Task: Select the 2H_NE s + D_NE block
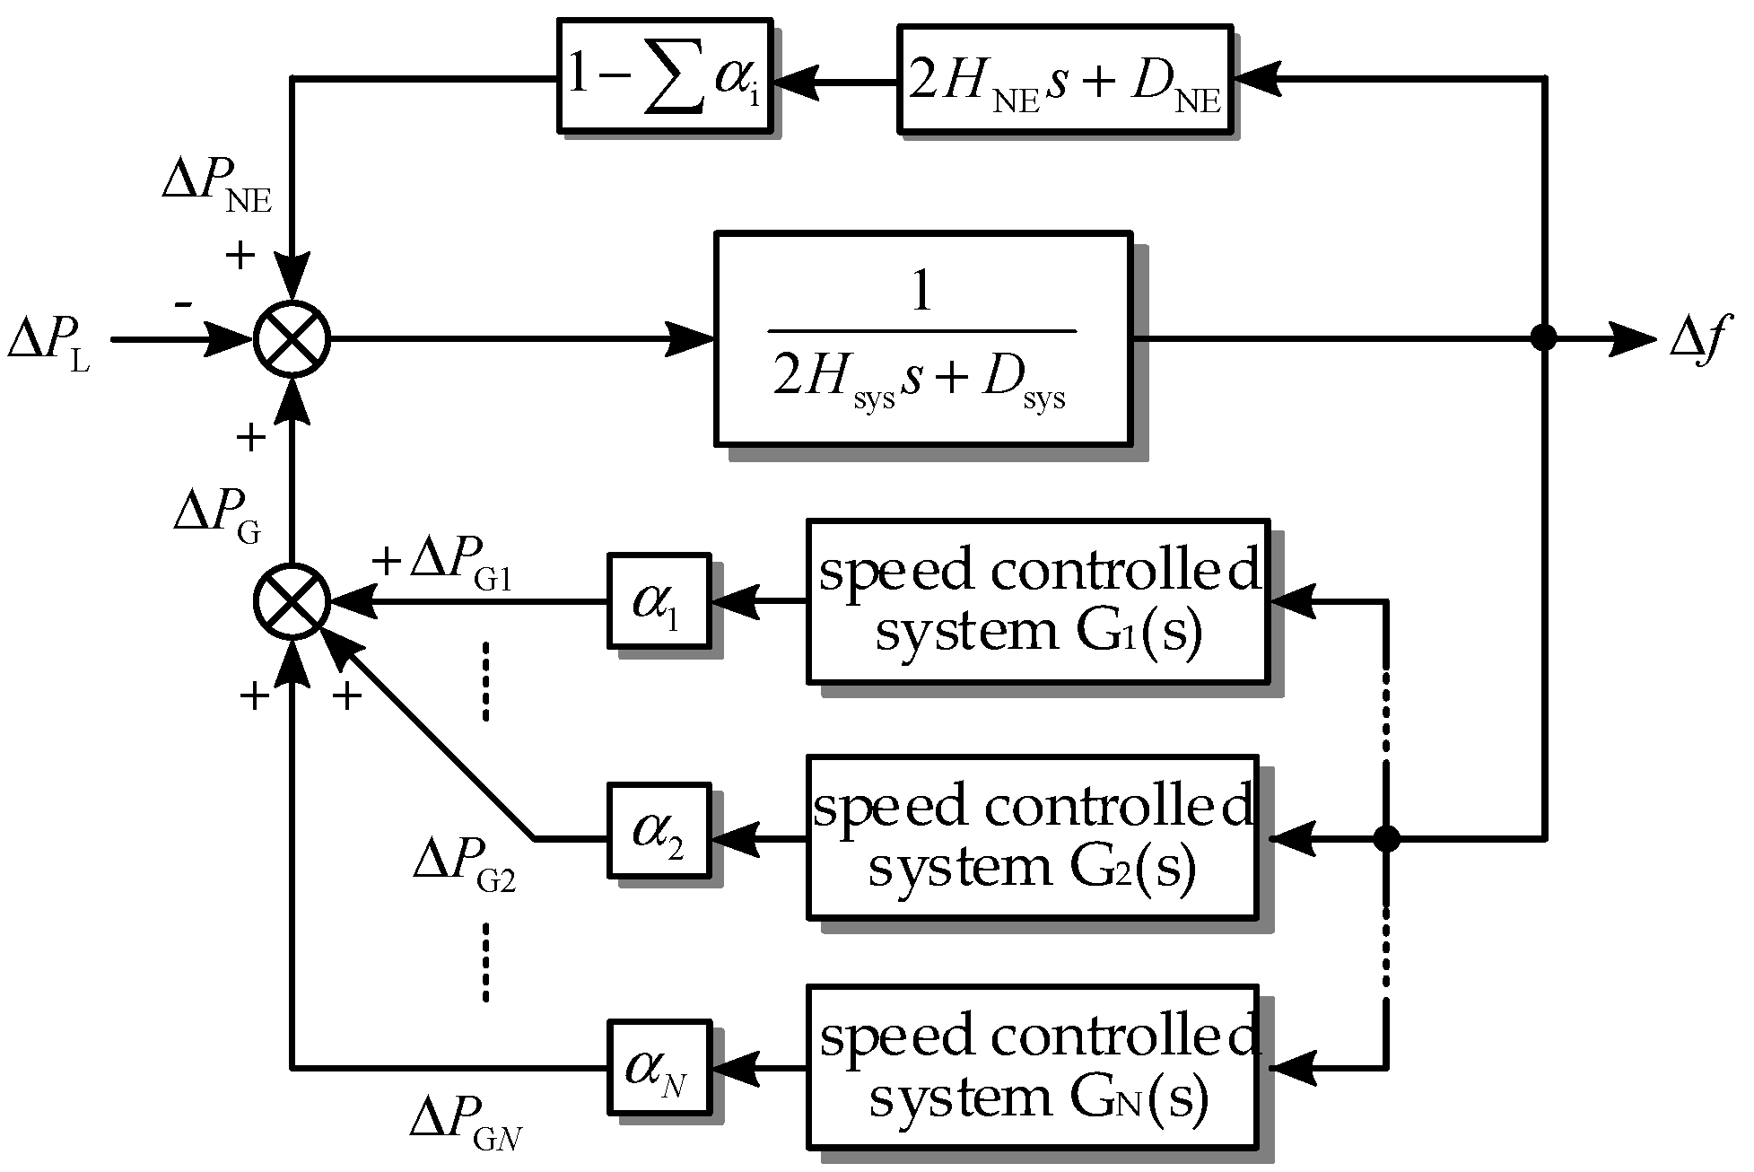[1064, 80]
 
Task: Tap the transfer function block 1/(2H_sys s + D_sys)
[922, 338]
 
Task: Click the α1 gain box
[659, 600]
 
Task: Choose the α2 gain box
[659, 830]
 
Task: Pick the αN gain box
[659, 1066]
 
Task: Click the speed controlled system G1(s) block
[1037, 600]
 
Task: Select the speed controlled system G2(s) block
[1032, 836]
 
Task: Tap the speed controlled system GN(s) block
[1032, 1066]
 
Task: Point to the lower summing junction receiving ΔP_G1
[292, 601]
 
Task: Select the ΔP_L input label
[49, 345]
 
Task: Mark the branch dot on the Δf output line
[1543, 338]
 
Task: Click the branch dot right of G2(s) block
[1387, 839]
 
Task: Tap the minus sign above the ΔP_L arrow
[183, 305]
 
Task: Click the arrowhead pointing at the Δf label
[1633, 339]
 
